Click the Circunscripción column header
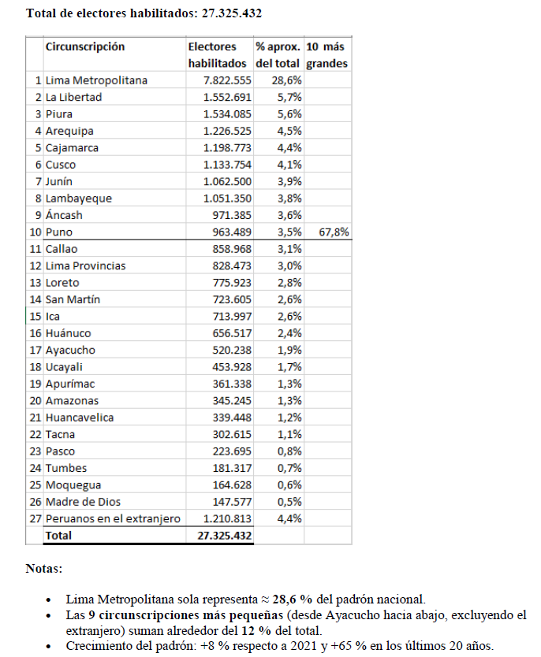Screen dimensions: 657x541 pos(85,46)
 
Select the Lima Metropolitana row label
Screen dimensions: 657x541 pos(96,80)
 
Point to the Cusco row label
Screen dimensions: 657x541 pos(62,165)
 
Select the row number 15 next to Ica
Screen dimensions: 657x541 pos(35,317)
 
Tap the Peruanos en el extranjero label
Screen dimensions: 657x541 pos(113,518)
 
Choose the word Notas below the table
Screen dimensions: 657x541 pos(44,568)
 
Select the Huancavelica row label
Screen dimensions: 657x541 pos(80,418)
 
